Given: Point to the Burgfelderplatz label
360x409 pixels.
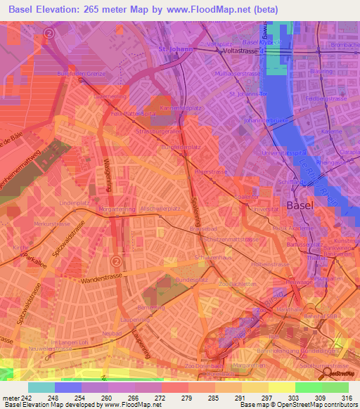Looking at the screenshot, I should pyautogui.click(x=181, y=148).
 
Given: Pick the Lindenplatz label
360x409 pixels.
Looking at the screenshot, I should pyautogui.click(x=71, y=202).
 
